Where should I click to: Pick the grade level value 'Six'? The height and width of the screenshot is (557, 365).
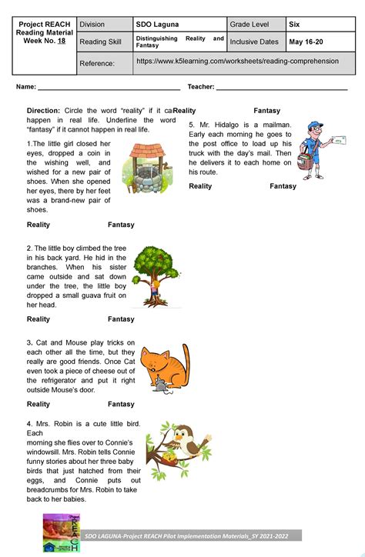point(295,23)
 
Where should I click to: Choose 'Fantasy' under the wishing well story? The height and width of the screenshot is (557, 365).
point(121,225)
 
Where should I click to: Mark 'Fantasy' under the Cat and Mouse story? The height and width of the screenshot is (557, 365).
point(121,404)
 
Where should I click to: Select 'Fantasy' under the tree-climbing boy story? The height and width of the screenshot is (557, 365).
point(121,319)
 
